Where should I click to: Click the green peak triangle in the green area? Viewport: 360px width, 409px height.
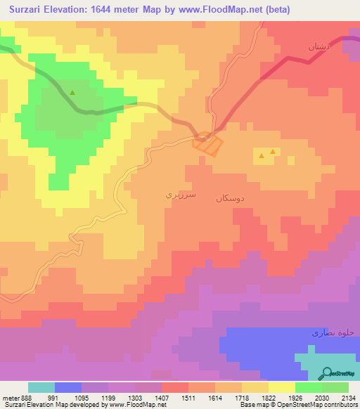[72, 92]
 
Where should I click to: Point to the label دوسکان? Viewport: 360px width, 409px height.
[231, 199]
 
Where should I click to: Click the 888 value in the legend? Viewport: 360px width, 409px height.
[25, 397]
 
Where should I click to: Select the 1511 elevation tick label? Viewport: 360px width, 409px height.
[188, 397]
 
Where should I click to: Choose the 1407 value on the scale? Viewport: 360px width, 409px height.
[161, 397]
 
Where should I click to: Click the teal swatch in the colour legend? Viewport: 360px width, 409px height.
[41, 387]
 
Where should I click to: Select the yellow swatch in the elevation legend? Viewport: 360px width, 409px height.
[281, 387]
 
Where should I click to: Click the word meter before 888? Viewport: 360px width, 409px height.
[10, 397]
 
